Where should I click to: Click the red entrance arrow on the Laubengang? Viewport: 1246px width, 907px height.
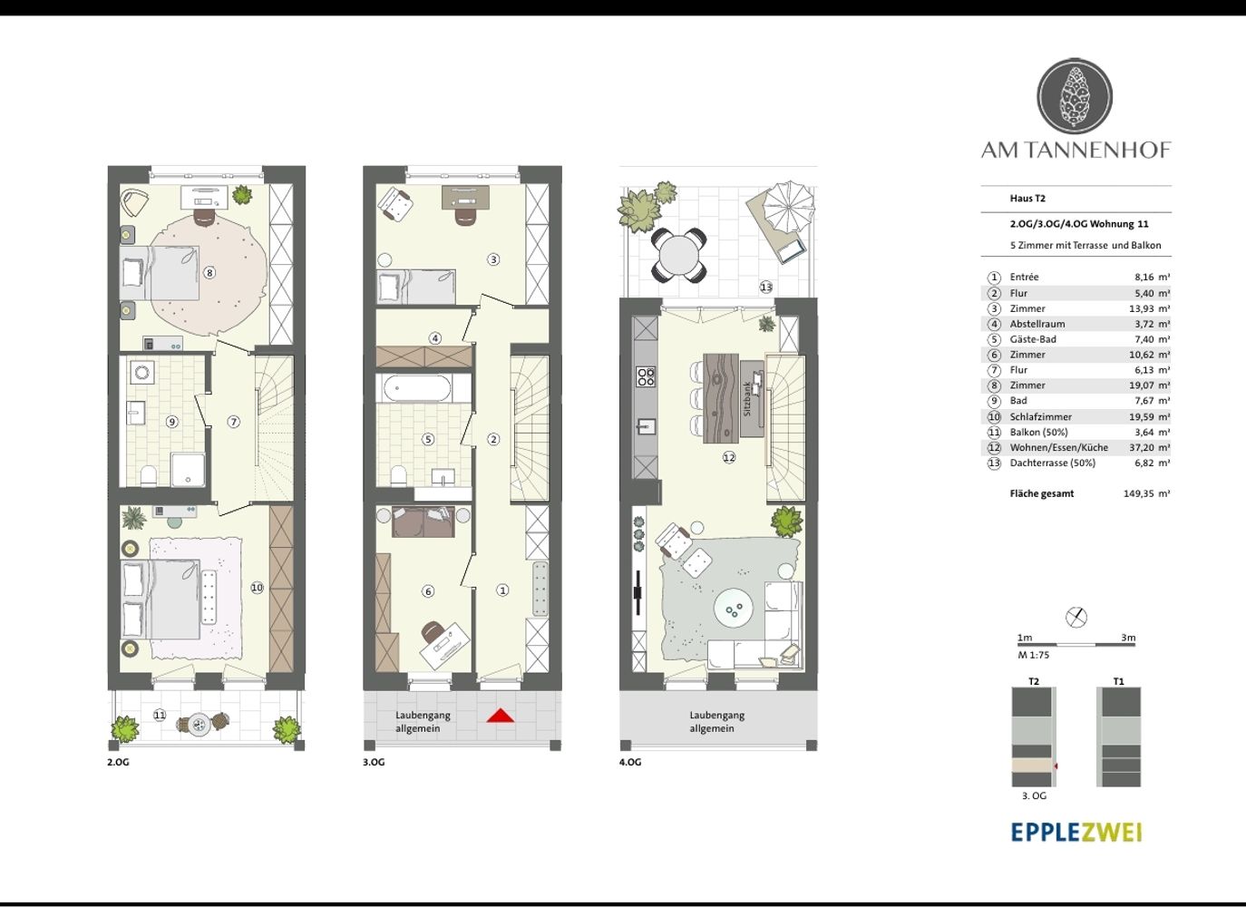[x=500, y=716]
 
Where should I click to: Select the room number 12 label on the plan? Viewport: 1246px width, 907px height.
[x=729, y=457]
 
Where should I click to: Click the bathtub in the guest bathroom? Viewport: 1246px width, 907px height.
[x=418, y=388]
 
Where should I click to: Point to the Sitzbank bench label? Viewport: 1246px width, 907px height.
[x=747, y=398]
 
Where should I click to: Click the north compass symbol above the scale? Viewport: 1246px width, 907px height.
[x=1076, y=617]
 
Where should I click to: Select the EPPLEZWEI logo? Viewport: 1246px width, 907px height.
[x=1076, y=833]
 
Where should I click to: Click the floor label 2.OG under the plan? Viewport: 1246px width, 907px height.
[x=118, y=762]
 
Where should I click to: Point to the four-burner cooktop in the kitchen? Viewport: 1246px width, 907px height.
[x=646, y=376]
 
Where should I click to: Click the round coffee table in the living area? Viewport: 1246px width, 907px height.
[x=734, y=610]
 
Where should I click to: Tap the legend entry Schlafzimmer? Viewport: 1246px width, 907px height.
[x=1032, y=417]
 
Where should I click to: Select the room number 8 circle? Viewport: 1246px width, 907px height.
[x=209, y=273]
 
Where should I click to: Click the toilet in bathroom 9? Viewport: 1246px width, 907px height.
[x=149, y=476]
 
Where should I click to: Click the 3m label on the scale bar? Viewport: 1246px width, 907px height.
[x=1128, y=638]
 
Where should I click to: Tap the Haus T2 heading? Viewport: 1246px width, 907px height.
[x=1027, y=198]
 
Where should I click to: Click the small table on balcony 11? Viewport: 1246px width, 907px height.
[x=199, y=725]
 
